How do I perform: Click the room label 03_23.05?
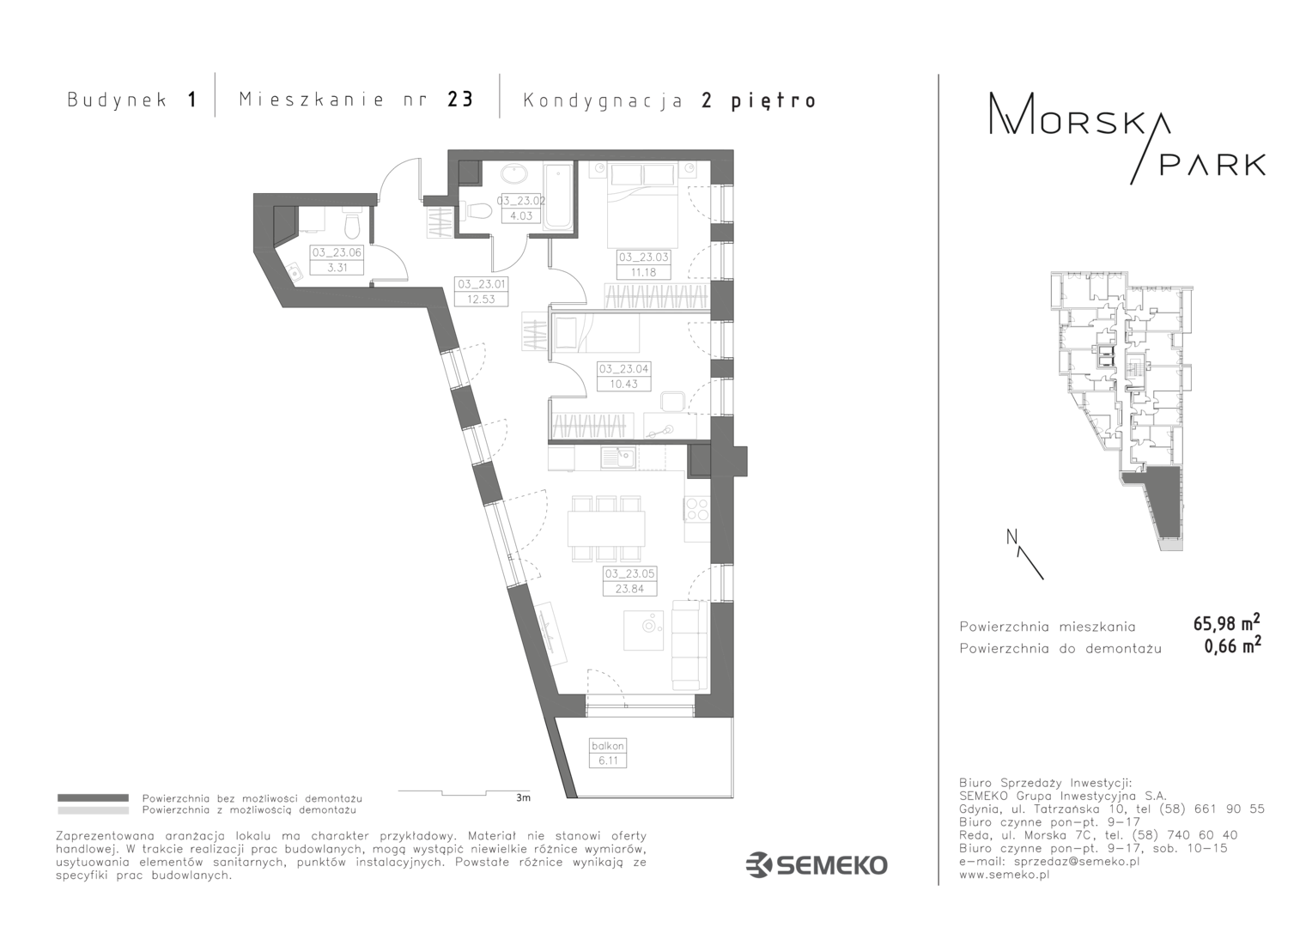click(x=629, y=573)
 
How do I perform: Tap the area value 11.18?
click(x=644, y=272)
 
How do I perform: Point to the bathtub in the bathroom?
click(x=559, y=197)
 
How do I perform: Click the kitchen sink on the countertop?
click(x=618, y=457)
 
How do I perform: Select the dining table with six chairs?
click(x=606, y=529)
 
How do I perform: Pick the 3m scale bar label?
click(x=523, y=797)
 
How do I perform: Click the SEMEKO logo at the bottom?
click(x=817, y=865)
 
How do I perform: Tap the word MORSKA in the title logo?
click(x=1079, y=121)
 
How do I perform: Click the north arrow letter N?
click(x=1011, y=536)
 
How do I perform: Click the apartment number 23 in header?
click(x=459, y=100)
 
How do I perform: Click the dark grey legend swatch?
click(x=93, y=797)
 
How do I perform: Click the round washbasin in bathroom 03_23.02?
click(x=515, y=174)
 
